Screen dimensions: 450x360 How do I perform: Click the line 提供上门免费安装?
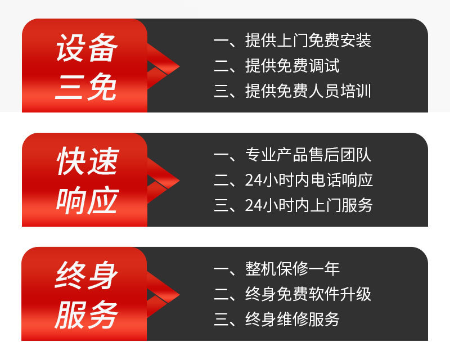point(308,41)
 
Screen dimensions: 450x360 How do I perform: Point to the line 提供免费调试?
point(292,66)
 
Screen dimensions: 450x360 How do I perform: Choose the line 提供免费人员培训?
point(308,91)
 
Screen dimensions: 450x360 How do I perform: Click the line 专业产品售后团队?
point(308,155)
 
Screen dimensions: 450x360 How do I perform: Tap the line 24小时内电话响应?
point(309,181)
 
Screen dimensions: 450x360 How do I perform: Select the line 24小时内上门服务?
point(309,205)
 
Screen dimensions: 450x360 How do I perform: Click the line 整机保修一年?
point(292,269)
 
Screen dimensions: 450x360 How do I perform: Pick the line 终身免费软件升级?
point(308,294)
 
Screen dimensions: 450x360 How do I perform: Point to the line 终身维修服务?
point(292,319)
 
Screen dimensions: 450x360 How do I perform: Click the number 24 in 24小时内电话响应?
point(252,181)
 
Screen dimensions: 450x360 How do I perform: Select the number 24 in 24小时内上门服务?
point(252,205)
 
